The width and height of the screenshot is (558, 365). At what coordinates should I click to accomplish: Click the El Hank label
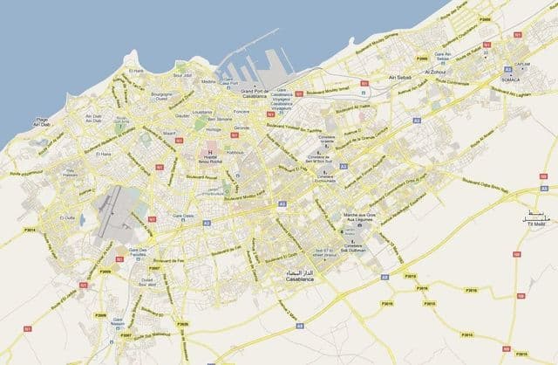[137, 71]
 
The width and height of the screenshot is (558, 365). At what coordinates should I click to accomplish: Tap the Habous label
[235, 149]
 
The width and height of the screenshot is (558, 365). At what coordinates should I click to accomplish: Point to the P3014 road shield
[31, 230]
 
